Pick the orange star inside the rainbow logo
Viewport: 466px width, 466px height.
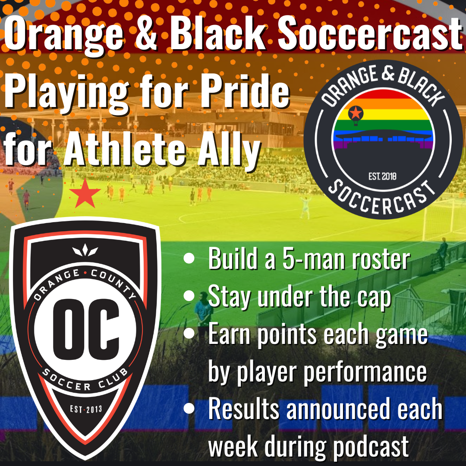pos(355,113)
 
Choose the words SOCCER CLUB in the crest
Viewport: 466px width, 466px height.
pos(85,380)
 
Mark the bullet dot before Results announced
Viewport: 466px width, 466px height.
pos(189,409)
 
